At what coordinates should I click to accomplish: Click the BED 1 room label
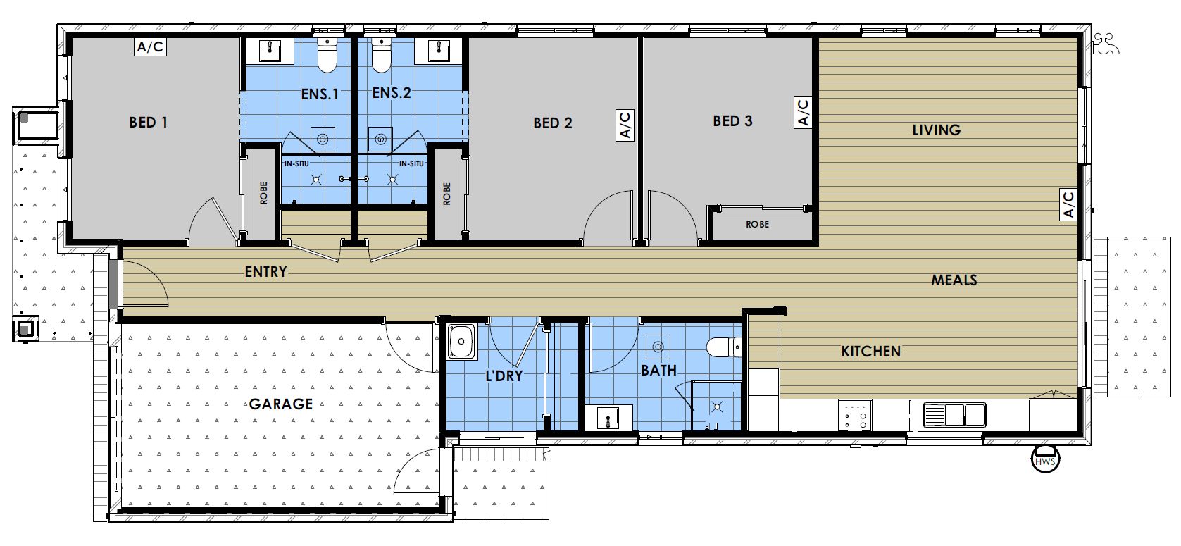148,123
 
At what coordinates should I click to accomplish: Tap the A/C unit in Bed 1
150,47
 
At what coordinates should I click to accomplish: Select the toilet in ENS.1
326,56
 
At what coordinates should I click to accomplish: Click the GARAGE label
280,404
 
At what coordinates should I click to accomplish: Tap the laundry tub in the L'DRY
462,342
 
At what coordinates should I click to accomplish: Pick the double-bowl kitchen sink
956,414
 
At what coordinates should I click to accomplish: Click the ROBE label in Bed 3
758,225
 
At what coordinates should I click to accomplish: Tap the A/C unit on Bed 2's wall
625,125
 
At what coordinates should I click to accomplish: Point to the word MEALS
954,280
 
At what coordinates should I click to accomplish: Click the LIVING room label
936,130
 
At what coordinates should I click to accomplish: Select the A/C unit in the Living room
1068,204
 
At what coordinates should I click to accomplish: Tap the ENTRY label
265,271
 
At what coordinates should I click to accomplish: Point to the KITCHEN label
870,351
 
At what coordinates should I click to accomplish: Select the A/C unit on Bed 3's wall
803,112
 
